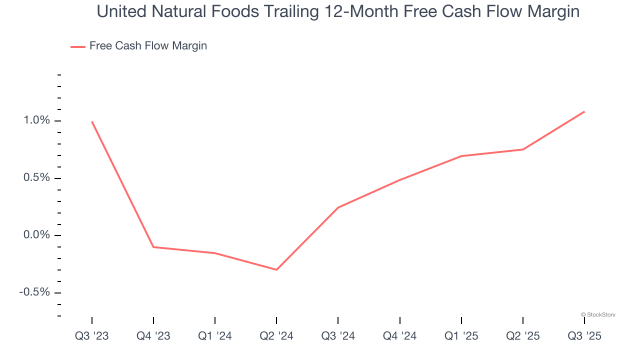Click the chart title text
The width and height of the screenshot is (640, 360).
coord(338,11)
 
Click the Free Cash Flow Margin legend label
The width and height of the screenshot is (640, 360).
coord(148,46)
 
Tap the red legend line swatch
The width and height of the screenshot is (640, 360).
coord(78,46)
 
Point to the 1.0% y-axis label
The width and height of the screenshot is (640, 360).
coord(35,120)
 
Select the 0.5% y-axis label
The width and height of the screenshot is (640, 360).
coord(35,178)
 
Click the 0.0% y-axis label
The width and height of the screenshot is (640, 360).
coord(35,235)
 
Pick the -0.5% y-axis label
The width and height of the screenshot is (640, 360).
coord(34,292)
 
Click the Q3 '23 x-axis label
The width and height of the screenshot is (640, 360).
coord(91,336)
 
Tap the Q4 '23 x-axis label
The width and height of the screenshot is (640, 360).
coord(153,336)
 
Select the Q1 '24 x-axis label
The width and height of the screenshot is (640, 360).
coord(215,336)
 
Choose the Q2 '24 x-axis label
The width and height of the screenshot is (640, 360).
coord(276,336)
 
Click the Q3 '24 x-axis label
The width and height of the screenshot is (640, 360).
coord(338,336)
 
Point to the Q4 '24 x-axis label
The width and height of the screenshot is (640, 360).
coord(400,336)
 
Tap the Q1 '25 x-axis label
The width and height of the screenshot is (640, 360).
coord(461,336)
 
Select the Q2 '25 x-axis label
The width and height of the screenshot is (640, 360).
coord(523,336)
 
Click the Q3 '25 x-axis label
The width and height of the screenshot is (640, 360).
coord(584,336)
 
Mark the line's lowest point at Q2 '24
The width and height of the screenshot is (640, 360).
coord(276,269)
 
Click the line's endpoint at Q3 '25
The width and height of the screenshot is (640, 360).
coord(584,111)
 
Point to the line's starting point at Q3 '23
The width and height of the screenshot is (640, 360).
coord(92,121)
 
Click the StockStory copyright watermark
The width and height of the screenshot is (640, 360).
coord(598,314)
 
